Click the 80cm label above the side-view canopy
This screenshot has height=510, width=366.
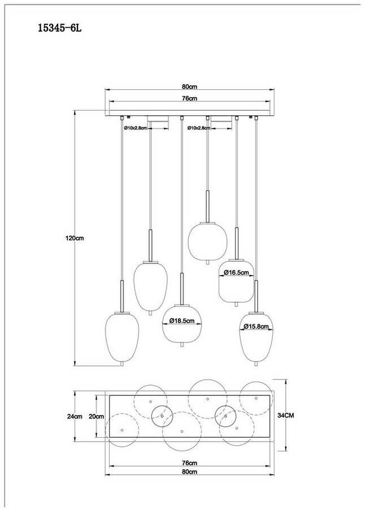190,87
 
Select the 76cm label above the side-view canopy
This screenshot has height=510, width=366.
190,99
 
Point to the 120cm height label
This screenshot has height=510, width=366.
74,238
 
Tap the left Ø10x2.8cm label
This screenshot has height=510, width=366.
136,128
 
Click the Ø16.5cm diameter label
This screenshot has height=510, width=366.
236,273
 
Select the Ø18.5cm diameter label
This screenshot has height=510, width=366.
182,321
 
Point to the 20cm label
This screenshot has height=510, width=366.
96,416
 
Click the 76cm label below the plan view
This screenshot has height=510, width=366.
190,463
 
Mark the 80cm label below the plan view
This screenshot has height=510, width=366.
190,472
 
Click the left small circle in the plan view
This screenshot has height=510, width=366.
161,417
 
